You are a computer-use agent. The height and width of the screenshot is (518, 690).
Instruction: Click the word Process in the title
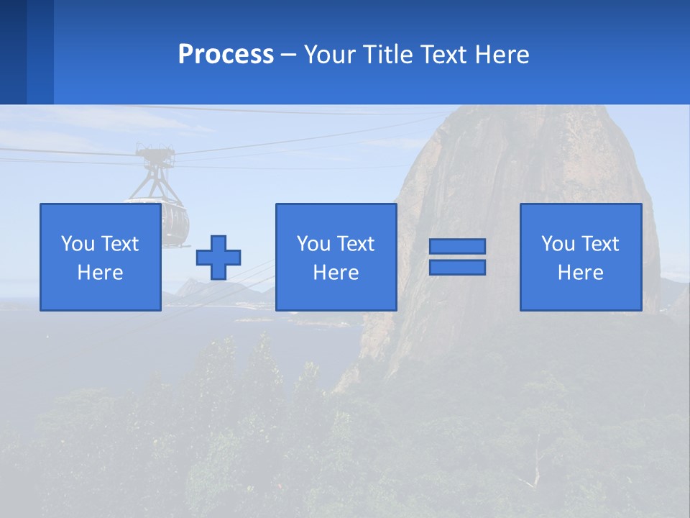[226, 55]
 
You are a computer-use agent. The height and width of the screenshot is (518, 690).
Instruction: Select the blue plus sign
[218, 258]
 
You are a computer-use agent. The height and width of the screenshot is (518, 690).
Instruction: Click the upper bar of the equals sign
[457, 246]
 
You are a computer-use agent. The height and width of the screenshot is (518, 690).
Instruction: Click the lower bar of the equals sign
[457, 268]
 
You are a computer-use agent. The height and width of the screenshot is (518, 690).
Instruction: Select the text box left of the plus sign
[100, 257]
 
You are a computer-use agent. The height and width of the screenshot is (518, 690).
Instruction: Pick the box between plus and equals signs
[336, 257]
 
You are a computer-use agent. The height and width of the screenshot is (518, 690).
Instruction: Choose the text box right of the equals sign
[580, 257]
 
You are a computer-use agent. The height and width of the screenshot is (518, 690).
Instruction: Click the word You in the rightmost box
[557, 244]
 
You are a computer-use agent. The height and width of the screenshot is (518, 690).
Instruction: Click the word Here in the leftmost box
[100, 273]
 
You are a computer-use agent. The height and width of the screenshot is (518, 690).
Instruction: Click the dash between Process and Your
[289, 55]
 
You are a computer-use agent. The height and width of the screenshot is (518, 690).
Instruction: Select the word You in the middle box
[313, 244]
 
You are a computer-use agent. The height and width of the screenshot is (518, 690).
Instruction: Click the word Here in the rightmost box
[580, 273]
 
